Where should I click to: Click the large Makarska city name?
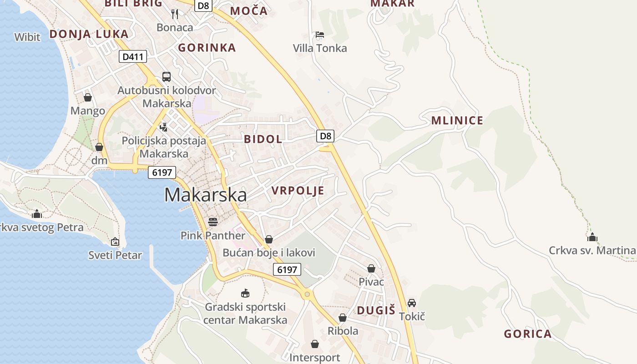click(x=206, y=195)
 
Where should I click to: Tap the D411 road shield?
click(x=133, y=57)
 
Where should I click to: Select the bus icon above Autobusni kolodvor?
click(x=167, y=77)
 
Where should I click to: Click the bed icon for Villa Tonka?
click(x=320, y=35)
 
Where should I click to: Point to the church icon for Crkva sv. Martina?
click(x=592, y=237)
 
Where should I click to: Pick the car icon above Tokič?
click(x=412, y=303)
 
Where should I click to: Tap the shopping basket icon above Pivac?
click(x=371, y=268)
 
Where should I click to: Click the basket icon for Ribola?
click(x=343, y=317)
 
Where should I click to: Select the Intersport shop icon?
click(x=315, y=344)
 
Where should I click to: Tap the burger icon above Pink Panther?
click(x=212, y=222)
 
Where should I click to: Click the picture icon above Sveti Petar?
click(x=115, y=242)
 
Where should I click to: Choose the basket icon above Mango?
click(x=88, y=97)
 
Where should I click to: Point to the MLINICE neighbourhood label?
click(x=457, y=121)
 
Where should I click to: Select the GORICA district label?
click(x=527, y=334)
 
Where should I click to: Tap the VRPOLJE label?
click(x=298, y=191)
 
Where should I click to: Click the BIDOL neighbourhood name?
click(x=263, y=139)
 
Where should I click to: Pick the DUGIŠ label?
click(x=376, y=310)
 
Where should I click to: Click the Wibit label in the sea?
click(x=27, y=37)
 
